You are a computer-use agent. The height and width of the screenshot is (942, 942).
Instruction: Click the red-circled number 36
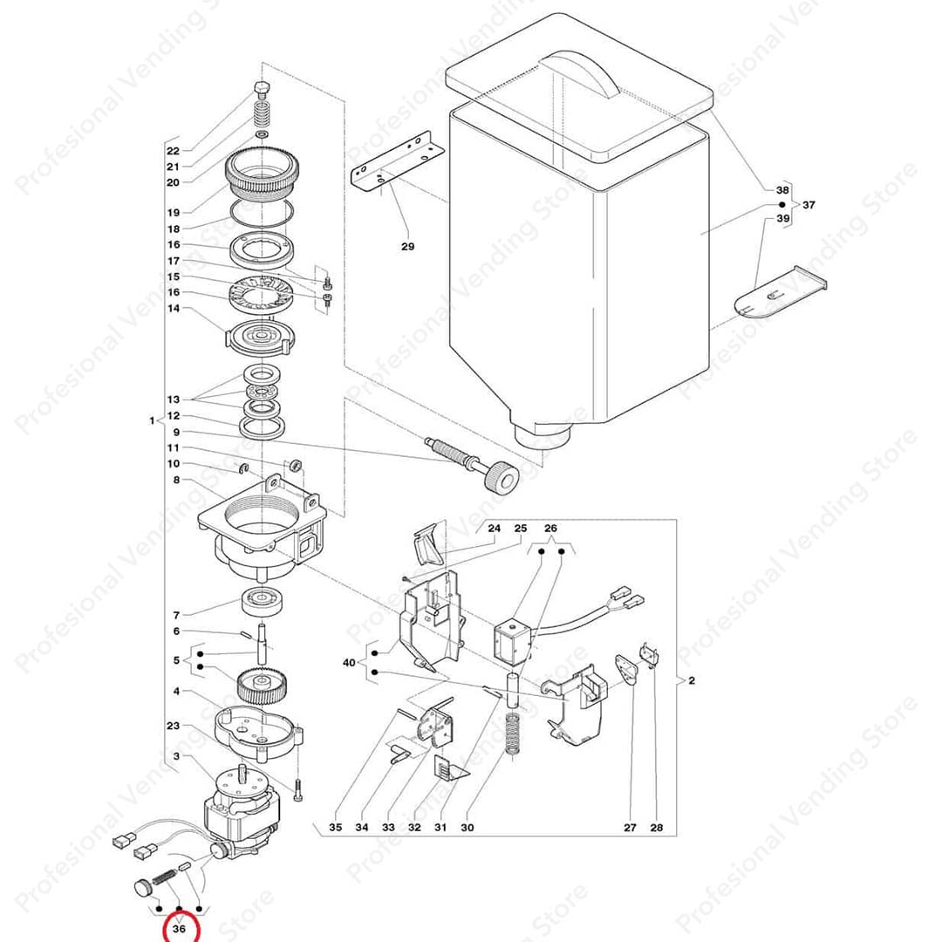click(x=179, y=929)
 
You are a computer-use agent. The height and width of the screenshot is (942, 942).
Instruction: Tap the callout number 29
click(x=408, y=246)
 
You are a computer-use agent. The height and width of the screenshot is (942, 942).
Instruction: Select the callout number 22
click(x=173, y=151)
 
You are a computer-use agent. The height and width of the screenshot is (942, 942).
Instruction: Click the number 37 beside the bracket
click(x=809, y=205)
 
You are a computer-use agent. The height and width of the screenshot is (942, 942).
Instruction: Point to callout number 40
click(x=349, y=663)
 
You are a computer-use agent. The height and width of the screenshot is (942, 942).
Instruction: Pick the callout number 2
click(x=692, y=680)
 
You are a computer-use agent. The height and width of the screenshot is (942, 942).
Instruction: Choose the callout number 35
click(x=335, y=827)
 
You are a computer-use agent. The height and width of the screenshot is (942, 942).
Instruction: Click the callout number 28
click(x=657, y=827)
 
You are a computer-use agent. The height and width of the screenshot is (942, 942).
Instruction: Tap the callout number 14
click(x=173, y=308)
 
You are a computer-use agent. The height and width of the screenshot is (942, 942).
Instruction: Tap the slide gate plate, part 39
click(x=780, y=292)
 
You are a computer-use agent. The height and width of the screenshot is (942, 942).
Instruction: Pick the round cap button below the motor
click(x=142, y=887)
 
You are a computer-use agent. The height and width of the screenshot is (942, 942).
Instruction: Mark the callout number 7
click(x=176, y=615)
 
